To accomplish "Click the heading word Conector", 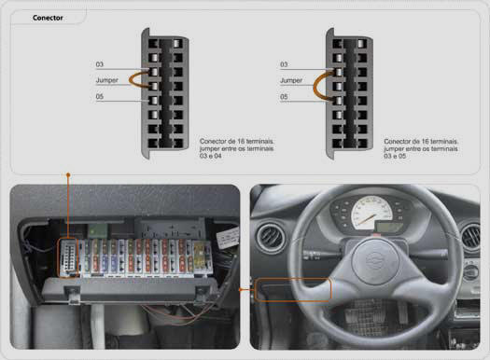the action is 48,18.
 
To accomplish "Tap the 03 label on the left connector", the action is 99,64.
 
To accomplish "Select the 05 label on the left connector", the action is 99,96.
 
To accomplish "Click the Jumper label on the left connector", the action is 107,80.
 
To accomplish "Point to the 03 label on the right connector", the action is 284,64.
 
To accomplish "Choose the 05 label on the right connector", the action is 284,97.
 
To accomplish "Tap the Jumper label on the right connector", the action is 291,80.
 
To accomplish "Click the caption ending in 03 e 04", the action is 236,148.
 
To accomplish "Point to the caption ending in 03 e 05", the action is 421,148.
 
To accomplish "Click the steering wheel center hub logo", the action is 375,261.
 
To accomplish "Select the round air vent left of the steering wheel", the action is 271,238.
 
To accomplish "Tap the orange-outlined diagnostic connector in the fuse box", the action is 68,258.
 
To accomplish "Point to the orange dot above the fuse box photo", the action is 68,174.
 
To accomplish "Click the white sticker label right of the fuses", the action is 228,238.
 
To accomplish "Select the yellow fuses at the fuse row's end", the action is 200,256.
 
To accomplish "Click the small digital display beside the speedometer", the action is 389,227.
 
